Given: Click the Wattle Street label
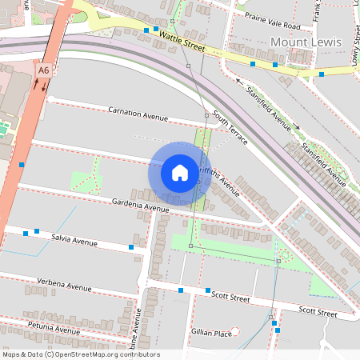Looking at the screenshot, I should pyautogui.click(x=182, y=38).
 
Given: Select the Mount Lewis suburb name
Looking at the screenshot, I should pyautogui.click(x=306, y=42).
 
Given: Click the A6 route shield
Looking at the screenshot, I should pyautogui.click(x=43, y=71).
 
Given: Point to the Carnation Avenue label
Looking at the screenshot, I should pyautogui.click(x=138, y=114).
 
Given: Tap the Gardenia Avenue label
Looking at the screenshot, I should pyautogui.click(x=139, y=205).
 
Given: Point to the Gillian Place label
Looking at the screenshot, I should pyautogui.click(x=211, y=332).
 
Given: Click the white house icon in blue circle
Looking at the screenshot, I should pyautogui.click(x=180, y=173).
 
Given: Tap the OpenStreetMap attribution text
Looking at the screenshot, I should pyautogui.click(x=80, y=354).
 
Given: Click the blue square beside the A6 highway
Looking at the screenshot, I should pyautogui.click(x=22, y=164).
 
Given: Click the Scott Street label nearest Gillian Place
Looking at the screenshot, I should pyautogui.click(x=230, y=297).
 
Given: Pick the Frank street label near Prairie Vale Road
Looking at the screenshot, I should pyautogui.click(x=317, y=11).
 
